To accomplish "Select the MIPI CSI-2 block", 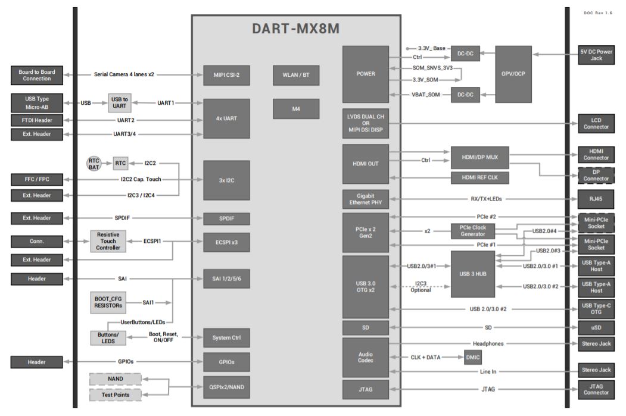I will [x=226, y=75].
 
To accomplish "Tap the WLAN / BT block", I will [x=296, y=75].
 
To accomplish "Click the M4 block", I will [x=296, y=108].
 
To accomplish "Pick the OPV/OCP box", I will [x=513, y=74].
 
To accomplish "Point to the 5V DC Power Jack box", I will [x=596, y=55].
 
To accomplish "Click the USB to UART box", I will [x=119, y=102].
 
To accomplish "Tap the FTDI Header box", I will [x=36, y=120].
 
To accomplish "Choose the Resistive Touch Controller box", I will [x=108, y=240].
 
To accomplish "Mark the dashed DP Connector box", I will [x=596, y=175].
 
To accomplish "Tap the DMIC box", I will [x=472, y=357].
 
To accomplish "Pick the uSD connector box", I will [x=596, y=327].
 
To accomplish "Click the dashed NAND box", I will [x=116, y=379].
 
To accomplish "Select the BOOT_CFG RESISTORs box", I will [x=108, y=302].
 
